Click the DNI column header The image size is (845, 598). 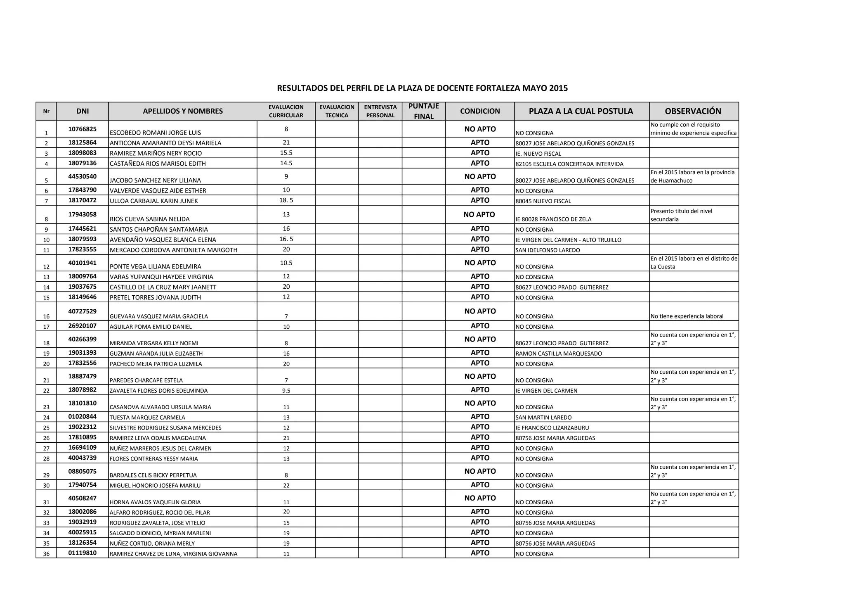(83, 111)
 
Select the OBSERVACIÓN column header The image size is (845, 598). (693, 111)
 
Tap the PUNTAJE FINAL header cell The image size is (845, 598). (424, 111)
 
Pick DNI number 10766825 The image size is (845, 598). (83, 129)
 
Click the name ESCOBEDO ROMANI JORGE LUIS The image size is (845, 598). (156, 133)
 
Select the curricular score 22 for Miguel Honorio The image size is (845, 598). (286, 485)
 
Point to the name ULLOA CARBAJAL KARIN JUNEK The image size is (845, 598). (154, 201)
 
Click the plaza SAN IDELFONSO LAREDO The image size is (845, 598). (548, 250)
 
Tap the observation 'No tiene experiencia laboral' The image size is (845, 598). (687, 316)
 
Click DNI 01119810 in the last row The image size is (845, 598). (83, 553)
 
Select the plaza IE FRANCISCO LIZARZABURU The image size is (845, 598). (552, 428)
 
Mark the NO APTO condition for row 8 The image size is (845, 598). (479, 214)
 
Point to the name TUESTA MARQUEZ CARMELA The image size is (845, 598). (147, 418)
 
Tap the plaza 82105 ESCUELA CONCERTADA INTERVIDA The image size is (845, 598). (569, 164)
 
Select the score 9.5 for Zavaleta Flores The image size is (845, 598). (286, 391)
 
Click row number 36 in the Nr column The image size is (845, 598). (46, 554)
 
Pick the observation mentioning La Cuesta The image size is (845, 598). (694, 263)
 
